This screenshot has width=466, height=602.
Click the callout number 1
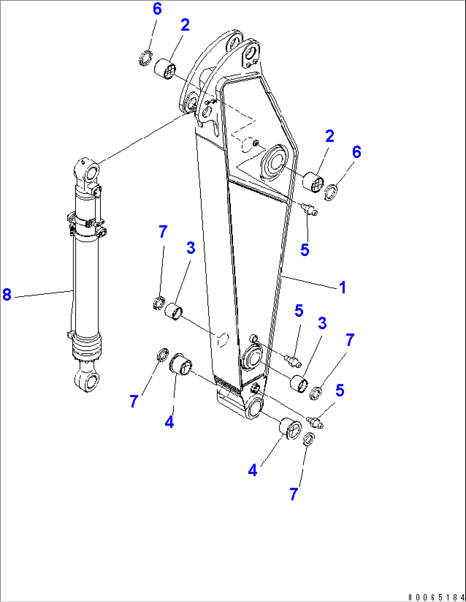pyautogui.click(x=342, y=287)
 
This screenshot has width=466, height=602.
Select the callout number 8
pyautogui.click(x=7, y=294)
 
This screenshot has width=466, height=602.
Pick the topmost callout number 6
pyautogui.click(x=157, y=9)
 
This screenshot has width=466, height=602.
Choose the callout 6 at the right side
pyautogui.click(x=357, y=152)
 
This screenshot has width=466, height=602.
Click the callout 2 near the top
pyautogui.click(x=185, y=25)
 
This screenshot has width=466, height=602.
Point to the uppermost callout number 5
pyautogui.click(x=304, y=250)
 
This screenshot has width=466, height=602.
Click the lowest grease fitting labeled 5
pyautogui.click(x=315, y=423)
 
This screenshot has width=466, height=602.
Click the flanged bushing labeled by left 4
pyautogui.click(x=181, y=364)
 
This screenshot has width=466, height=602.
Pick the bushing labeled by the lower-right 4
pyautogui.click(x=289, y=428)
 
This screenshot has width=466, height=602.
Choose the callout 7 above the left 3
pyautogui.click(x=163, y=232)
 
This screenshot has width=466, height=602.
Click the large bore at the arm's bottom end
pyautogui.click(x=254, y=408)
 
